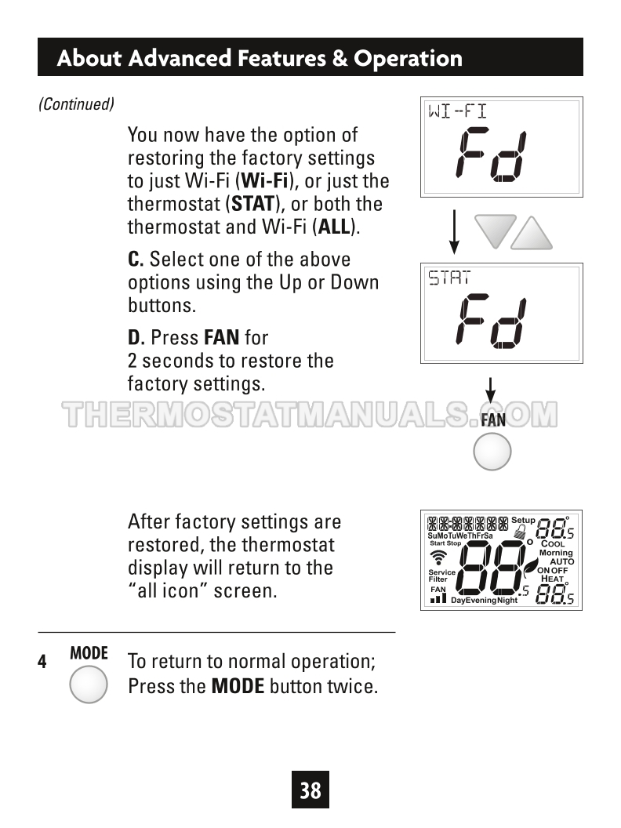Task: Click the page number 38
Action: (x=310, y=790)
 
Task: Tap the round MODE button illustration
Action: (x=88, y=685)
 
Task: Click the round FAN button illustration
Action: (x=492, y=452)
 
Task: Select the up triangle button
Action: (x=532, y=234)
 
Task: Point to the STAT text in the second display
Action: (x=448, y=278)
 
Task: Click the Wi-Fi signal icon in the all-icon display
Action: (x=438, y=557)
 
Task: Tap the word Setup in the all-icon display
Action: (x=523, y=520)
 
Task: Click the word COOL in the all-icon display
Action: (x=553, y=544)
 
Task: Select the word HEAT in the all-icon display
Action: (x=552, y=579)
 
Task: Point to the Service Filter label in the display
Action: (x=441, y=576)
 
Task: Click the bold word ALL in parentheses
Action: (x=334, y=227)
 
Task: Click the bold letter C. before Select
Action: (x=136, y=260)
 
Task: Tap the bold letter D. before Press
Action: (x=136, y=337)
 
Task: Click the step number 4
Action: (x=42, y=662)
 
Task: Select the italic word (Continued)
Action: (x=77, y=104)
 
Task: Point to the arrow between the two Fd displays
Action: (x=454, y=232)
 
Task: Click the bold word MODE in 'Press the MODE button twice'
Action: (x=238, y=687)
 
